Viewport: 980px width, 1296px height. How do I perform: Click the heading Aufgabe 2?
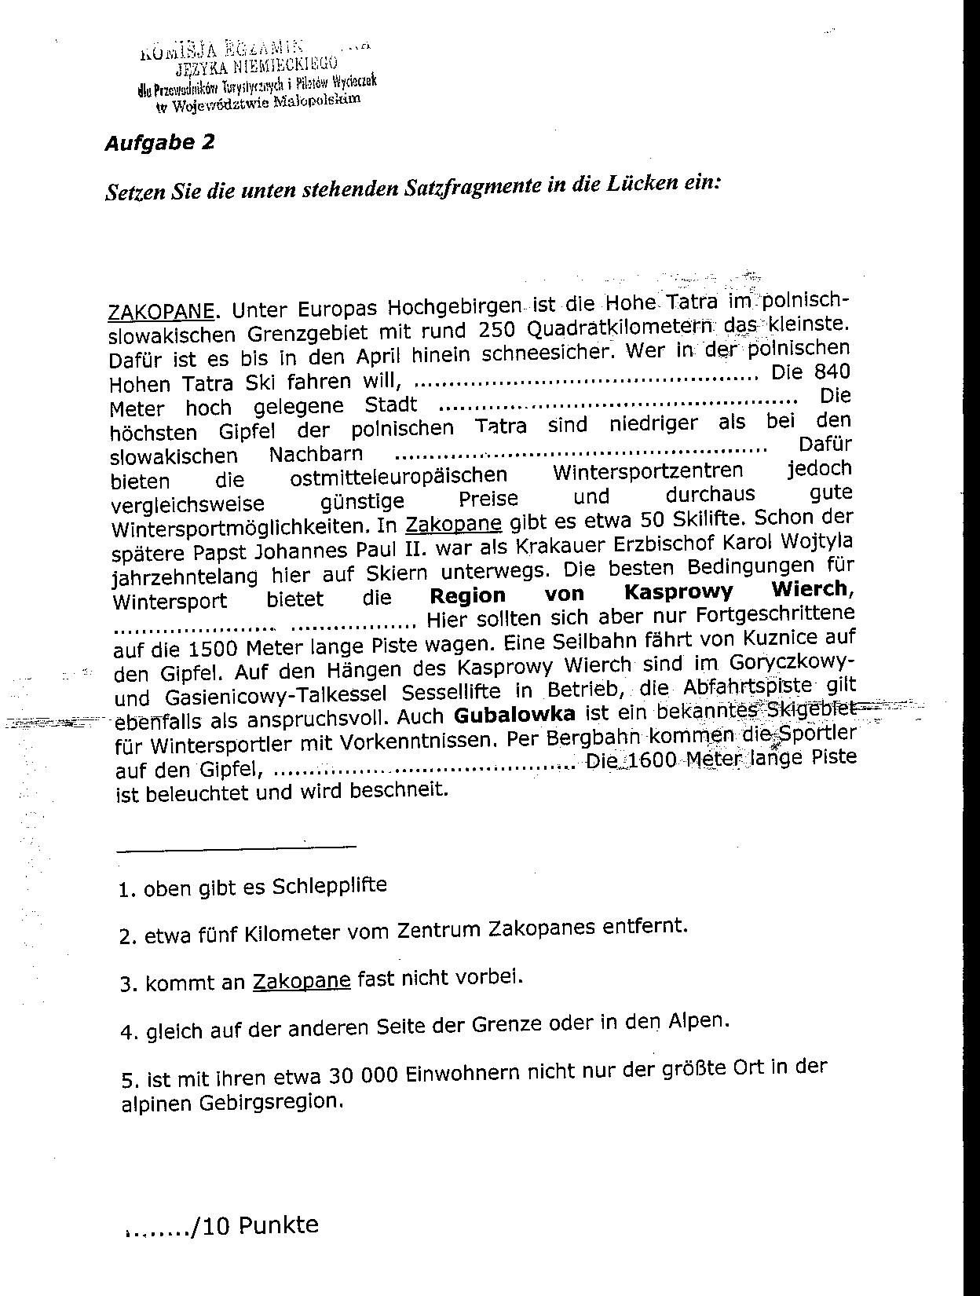159,143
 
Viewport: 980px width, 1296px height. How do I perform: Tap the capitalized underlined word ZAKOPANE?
160,311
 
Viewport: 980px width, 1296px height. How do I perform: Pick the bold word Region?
467,595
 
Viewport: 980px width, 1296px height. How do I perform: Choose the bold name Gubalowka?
514,715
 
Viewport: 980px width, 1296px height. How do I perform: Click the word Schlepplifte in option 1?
329,886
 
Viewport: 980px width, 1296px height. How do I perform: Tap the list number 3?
127,984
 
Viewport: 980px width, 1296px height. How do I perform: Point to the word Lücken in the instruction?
638,184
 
